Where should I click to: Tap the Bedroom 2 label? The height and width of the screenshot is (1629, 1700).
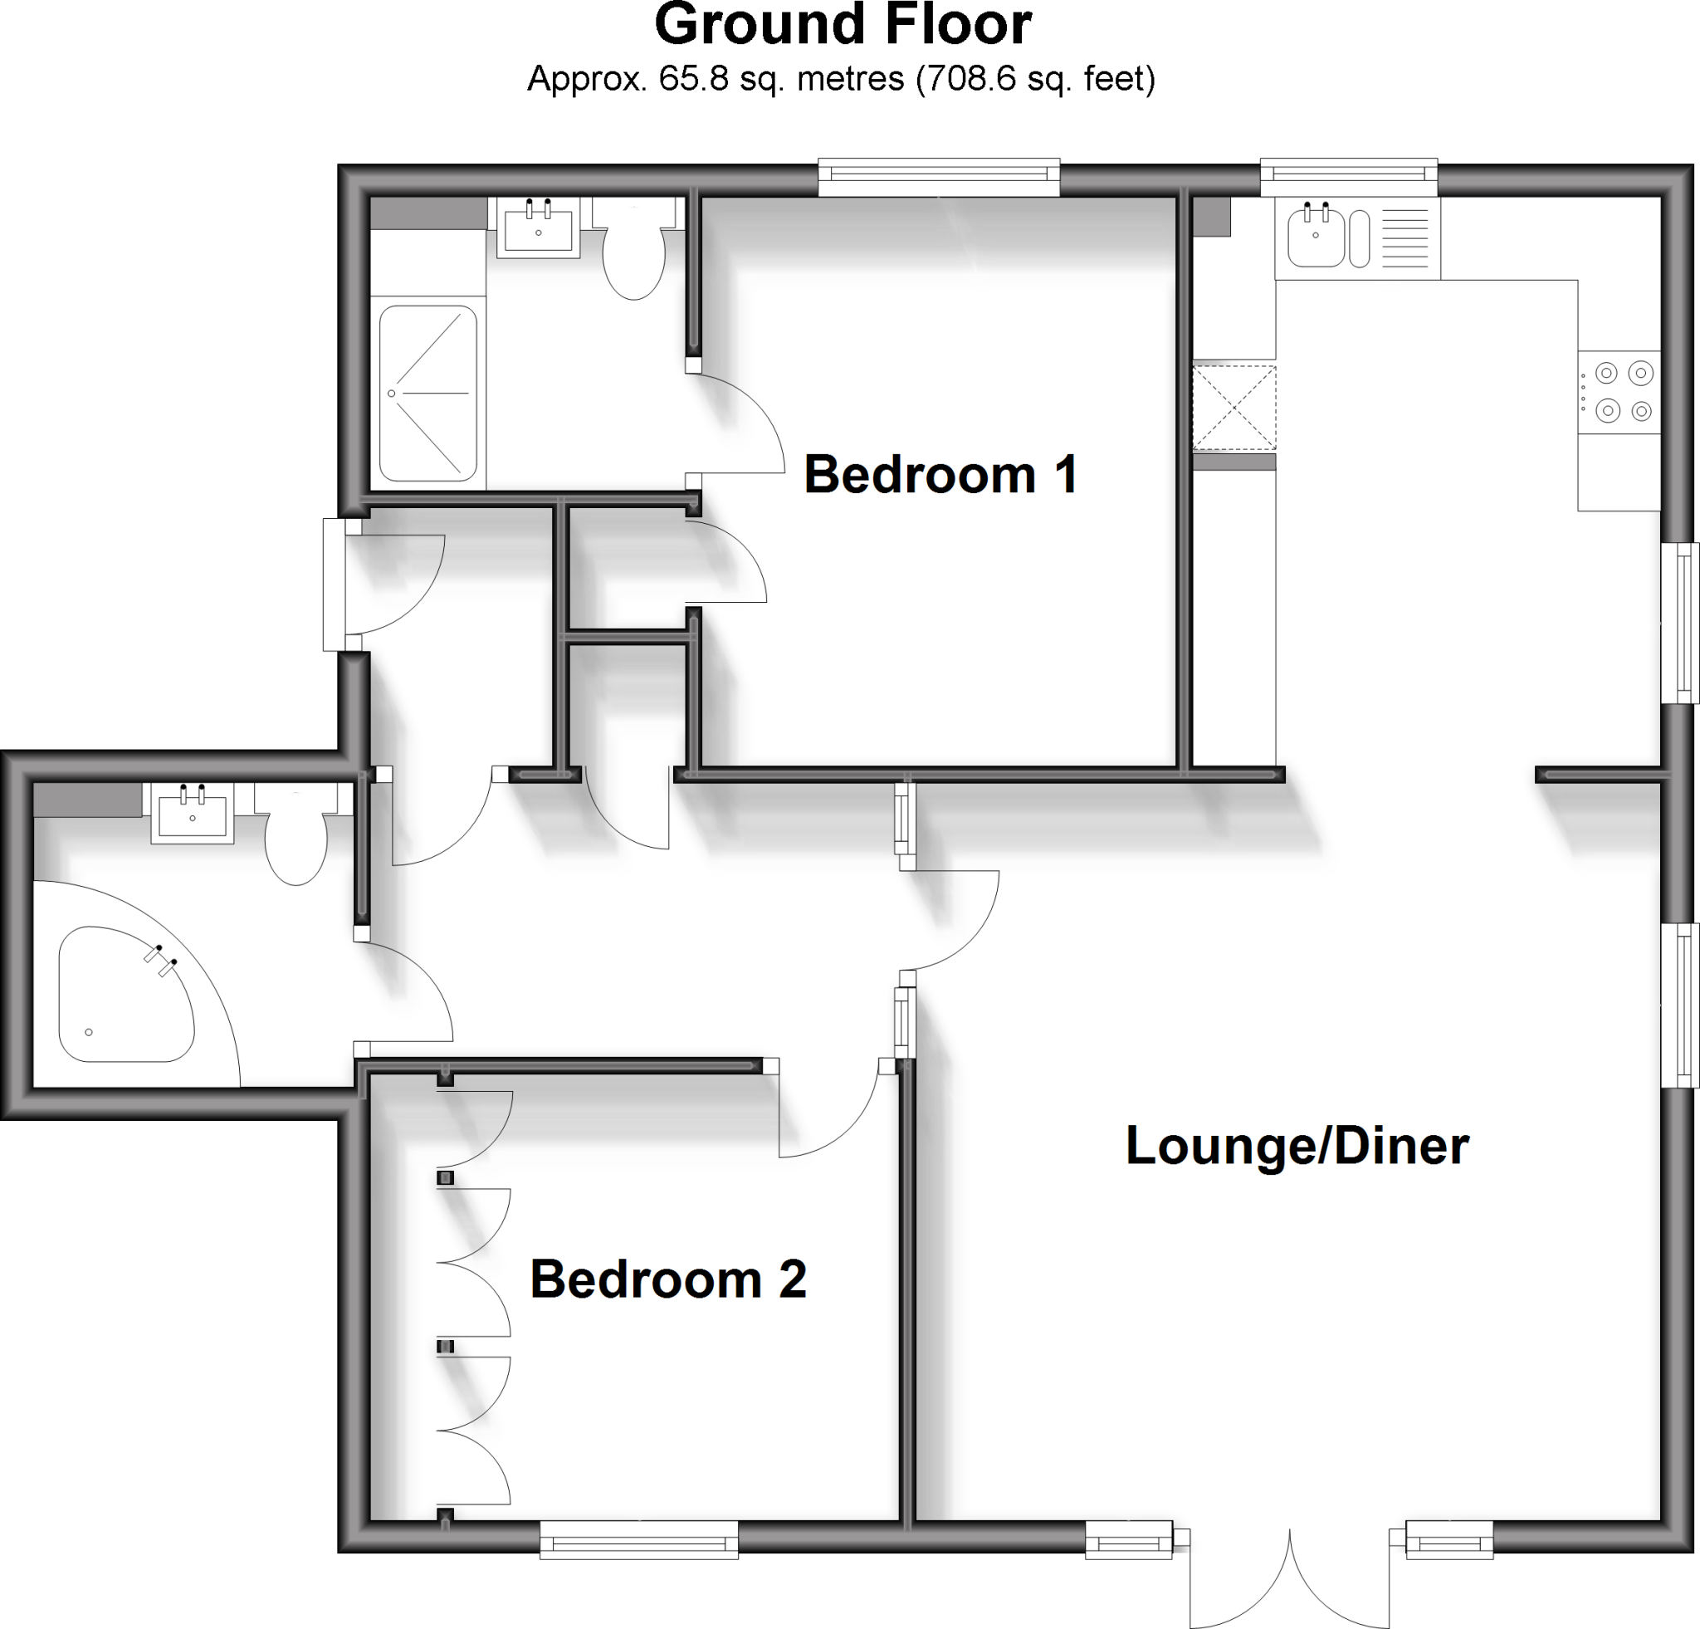[x=668, y=1279]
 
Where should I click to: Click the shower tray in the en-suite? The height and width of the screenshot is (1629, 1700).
[x=427, y=393]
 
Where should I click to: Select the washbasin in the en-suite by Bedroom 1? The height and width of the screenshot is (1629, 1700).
[x=538, y=227]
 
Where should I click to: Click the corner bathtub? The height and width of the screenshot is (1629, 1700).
[x=121, y=995]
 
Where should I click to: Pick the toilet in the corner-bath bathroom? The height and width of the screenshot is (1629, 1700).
[x=296, y=840]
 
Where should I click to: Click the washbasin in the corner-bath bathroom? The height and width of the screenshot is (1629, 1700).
[x=193, y=814]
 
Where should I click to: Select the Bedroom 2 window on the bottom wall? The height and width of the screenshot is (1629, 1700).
[x=638, y=1538]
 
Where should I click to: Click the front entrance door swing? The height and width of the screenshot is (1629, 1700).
[x=394, y=581]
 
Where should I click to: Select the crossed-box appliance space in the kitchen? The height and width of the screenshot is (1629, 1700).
[x=1233, y=408]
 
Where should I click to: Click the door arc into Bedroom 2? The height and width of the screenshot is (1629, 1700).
[x=828, y=1114]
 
